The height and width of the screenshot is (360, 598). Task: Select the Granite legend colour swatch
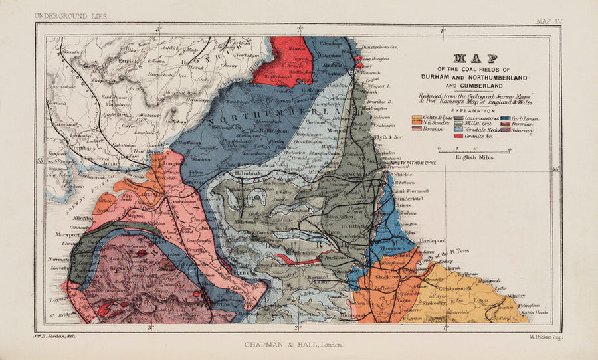[x=458, y=135]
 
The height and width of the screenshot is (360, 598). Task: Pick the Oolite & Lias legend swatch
[x=417, y=118]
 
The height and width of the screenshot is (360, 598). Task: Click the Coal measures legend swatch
[x=458, y=118]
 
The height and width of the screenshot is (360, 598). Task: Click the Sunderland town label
[x=409, y=198]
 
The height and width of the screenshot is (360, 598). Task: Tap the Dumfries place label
[x=66, y=151]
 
